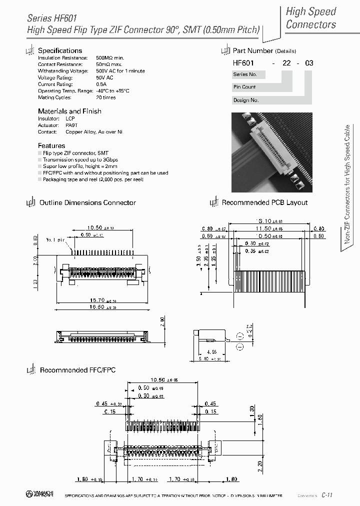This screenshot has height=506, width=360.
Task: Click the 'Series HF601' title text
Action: pyautogui.click(x=52, y=18)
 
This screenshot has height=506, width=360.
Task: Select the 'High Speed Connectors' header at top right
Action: pyautogui.click(x=310, y=18)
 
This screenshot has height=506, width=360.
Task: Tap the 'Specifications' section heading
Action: pyautogui.click(x=60, y=50)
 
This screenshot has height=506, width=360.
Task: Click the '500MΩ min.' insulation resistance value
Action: pyautogui.click(x=109, y=58)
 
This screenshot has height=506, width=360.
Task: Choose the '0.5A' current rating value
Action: pyautogui.click(x=101, y=84)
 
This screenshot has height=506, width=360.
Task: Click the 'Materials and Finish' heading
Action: pyautogui.click(x=69, y=111)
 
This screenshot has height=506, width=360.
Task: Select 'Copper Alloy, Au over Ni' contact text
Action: pyautogui.click(x=94, y=132)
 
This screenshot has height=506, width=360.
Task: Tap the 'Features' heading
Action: pyautogui.click(x=51, y=145)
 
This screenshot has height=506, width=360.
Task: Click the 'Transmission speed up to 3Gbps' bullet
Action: pyautogui.click(x=80, y=159)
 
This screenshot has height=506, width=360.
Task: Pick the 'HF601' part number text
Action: pyautogui.click(x=243, y=63)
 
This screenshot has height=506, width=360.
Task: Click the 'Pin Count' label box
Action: pyautogui.click(x=244, y=87)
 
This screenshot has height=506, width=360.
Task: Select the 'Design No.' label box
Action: pyautogui.click(x=246, y=100)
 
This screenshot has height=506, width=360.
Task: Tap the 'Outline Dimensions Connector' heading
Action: pyautogui.click(x=87, y=202)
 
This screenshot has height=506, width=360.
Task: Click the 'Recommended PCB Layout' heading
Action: pyautogui.click(x=264, y=202)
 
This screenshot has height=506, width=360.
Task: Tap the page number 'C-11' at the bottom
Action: pyautogui.click(x=327, y=494)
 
